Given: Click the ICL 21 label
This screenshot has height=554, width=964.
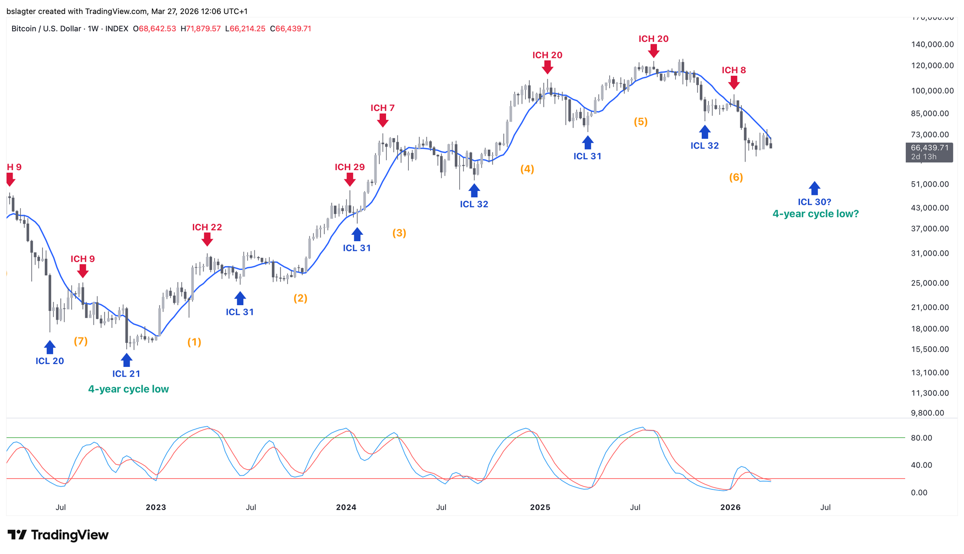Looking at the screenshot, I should [x=126, y=374].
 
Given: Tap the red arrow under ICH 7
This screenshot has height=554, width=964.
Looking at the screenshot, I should [x=383, y=120].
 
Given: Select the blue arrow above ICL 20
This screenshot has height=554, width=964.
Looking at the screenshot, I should [x=50, y=347].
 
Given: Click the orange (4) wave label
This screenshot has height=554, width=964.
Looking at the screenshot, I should [x=527, y=169].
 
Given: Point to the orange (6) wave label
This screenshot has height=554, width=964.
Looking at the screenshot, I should [x=736, y=177].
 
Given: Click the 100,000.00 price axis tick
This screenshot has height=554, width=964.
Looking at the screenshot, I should [x=933, y=91].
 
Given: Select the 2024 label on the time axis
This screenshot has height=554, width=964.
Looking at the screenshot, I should [x=346, y=507].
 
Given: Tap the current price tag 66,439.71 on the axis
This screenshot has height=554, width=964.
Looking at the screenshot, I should [x=929, y=148].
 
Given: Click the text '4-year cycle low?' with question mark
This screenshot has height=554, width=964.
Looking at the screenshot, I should [x=816, y=214].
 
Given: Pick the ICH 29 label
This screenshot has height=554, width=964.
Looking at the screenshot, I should [x=350, y=167].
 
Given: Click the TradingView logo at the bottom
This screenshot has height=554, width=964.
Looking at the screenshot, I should [x=58, y=535].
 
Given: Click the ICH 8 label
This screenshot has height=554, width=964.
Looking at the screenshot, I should [x=734, y=70].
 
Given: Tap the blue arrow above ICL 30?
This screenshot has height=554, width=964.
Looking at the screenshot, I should [x=815, y=189].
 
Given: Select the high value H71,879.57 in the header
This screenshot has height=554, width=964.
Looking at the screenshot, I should [x=201, y=29].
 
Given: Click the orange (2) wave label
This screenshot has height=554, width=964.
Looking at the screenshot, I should [x=300, y=298].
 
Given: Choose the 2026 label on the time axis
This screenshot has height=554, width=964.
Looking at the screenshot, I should [x=730, y=507].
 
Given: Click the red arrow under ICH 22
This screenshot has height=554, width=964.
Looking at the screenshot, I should [x=207, y=239].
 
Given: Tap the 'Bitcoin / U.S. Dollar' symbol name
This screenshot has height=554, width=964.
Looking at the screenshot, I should [x=46, y=29].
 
